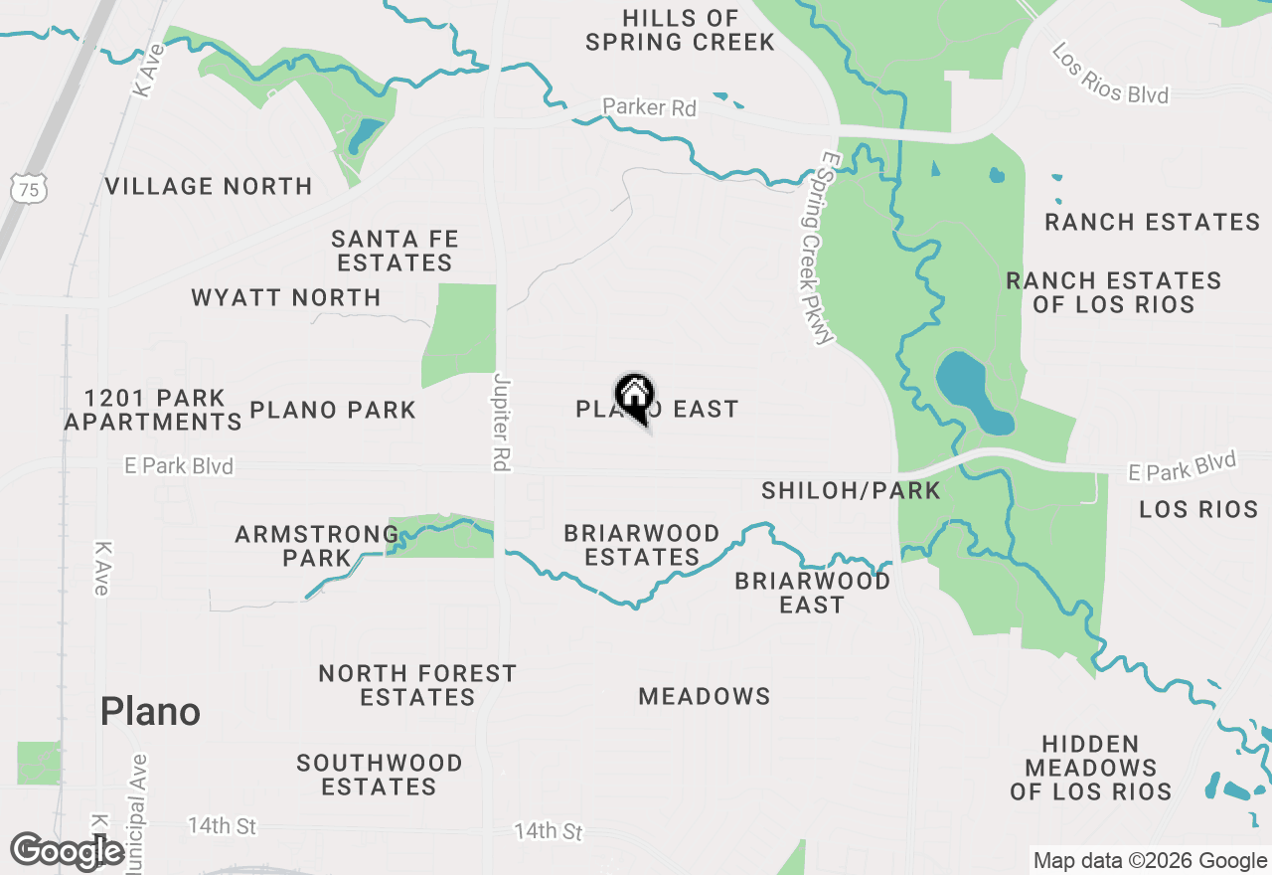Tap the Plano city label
(150, 712)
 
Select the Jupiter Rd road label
(500, 422)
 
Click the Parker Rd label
(650, 107)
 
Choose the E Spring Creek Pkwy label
(812, 255)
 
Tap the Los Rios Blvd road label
(1109, 74)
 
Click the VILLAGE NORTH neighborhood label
(209, 186)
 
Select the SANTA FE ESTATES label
(395, 251)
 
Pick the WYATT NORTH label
(286, 297)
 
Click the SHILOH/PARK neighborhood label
(851, 490)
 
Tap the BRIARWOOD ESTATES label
(642, 545)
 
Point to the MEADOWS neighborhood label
(705, 696)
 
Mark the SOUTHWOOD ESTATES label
(380, 775)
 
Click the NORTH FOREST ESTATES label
(417, 685)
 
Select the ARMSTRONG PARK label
(317, 546)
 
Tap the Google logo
(68, 851)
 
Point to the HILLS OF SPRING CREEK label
(681, 30)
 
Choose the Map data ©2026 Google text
(1150, 861)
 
